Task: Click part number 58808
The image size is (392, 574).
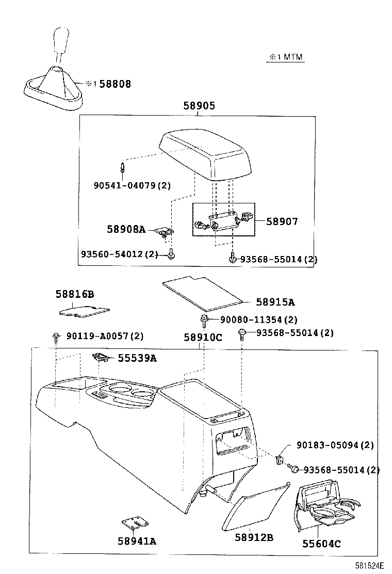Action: point(115,84)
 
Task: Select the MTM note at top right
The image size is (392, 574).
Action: point(285,57)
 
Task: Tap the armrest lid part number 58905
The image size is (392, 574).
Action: point(199,106)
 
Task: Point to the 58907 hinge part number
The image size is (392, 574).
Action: point(282,221)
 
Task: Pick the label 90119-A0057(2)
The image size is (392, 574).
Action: point(105,336)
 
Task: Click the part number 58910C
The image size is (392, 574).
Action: point(203,338)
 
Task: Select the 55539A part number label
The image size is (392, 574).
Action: point(137,358)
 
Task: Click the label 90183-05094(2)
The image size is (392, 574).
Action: point(335,444)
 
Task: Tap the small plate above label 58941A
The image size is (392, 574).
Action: point(133,523)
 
